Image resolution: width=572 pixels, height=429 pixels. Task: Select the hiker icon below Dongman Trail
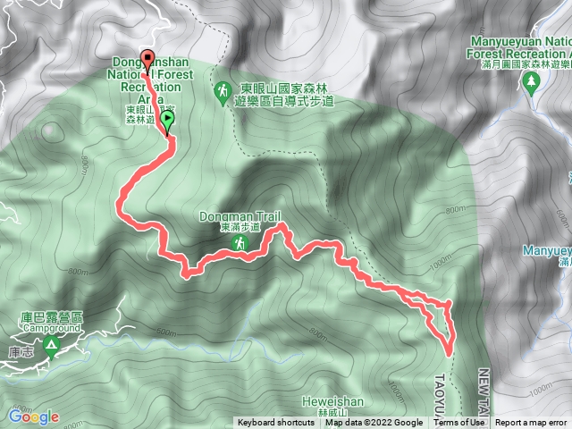coord(240,243)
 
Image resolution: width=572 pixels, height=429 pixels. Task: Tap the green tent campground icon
coord(51,344)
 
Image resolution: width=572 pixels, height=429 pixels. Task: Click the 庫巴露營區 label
coord(51,317)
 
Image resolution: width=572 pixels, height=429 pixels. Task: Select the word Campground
coord(51,328)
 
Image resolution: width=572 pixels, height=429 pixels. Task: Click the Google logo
coord(33,416)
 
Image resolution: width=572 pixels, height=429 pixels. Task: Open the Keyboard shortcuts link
coord(276,423)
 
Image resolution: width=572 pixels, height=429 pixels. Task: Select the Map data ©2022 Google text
coord(374,423)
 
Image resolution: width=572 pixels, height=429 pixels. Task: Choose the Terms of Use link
coord(459,423)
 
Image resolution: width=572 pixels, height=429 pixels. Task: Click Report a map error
coord(531,423)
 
